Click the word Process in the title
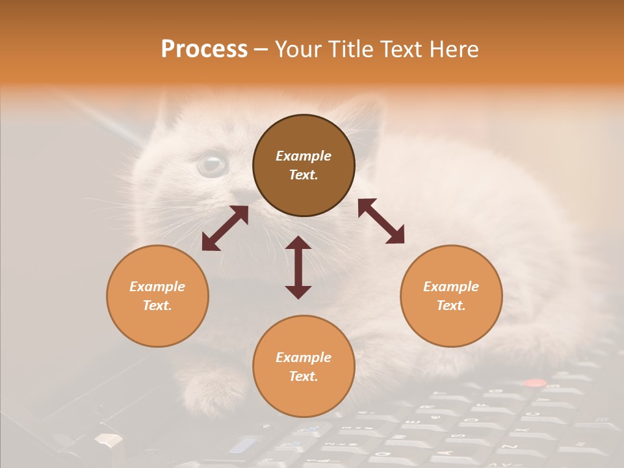[204, 49]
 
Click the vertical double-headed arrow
[298, 267]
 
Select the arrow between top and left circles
[225, 228]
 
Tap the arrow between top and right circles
[381, 221]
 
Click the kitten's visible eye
[212, 164]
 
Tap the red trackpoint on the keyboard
[535, 383]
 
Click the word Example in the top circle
[304, 156]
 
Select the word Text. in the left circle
[157, 305]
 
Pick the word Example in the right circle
[451, 287]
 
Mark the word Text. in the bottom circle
[304, 376]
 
